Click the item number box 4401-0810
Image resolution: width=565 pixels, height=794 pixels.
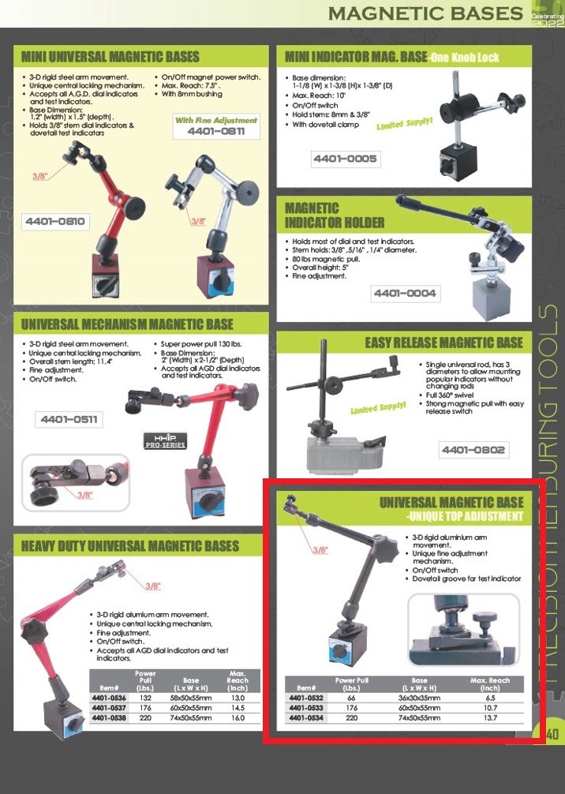tap(55, 222)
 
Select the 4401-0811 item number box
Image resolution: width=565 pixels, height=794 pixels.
tap(216, 131)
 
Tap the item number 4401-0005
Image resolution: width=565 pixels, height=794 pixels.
tap(345, 159)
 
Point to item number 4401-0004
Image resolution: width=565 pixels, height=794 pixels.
tap(405, 293)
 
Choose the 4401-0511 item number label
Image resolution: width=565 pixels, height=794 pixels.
tap(69, 419)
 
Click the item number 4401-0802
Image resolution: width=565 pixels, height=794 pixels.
tap(473, 450)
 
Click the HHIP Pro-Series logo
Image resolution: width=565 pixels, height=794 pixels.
tap(166, 440)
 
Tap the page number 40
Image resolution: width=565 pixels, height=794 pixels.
tap(552, 734)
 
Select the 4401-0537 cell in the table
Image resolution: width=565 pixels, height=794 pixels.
tap(110, 707)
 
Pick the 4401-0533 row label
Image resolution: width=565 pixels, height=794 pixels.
tap(306, 707)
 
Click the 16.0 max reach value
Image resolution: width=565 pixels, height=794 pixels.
tap(238, 717)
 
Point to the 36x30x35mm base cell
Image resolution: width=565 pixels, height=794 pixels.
tap(419, 697)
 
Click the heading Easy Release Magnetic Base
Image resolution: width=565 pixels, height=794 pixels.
tap(444, 343)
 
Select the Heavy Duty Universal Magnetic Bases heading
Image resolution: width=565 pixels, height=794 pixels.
tap(130, 546)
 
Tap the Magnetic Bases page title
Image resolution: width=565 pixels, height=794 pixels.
tap(425, 13)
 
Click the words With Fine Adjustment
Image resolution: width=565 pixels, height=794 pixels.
tap(216, 120)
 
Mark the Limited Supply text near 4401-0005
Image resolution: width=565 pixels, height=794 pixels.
tap(405, 124)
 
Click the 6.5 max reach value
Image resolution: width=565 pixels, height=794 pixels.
tap(490, 697)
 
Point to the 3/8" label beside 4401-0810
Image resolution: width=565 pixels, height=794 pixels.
tap(40, 176)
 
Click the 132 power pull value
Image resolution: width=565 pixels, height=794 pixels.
tap(145, 697)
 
